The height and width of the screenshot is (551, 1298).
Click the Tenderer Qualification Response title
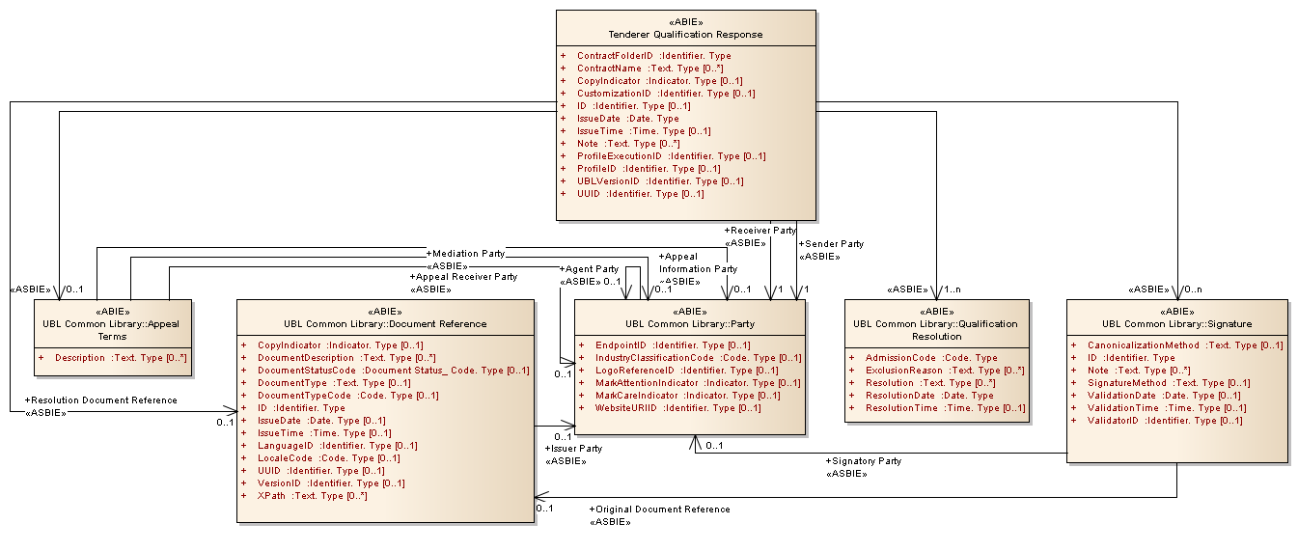(x=685, y=34)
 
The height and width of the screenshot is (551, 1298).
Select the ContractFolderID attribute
(x=653, y=56)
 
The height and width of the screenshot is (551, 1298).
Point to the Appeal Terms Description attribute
(x=121, y=358)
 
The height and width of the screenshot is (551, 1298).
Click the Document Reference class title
(x=385, y=324)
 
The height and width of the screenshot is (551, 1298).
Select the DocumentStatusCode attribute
(x=393, y=371)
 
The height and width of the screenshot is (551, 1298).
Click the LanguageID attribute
(x=337, y=446)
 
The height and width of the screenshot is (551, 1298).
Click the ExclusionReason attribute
(x=944, y=371)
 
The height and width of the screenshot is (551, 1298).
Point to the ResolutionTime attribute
(x=945, y=408)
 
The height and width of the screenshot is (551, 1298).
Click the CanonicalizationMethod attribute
(x=1185, y=345)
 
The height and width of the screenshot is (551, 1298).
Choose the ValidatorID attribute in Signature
(x=1165, y=421)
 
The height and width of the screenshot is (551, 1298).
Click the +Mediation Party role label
(x=468, y=254)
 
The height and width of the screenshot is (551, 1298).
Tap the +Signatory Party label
(x=864, y=461)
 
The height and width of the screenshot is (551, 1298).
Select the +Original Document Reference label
(x=659, y=510)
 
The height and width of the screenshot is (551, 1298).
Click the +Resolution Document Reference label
(x=100, y=399)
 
